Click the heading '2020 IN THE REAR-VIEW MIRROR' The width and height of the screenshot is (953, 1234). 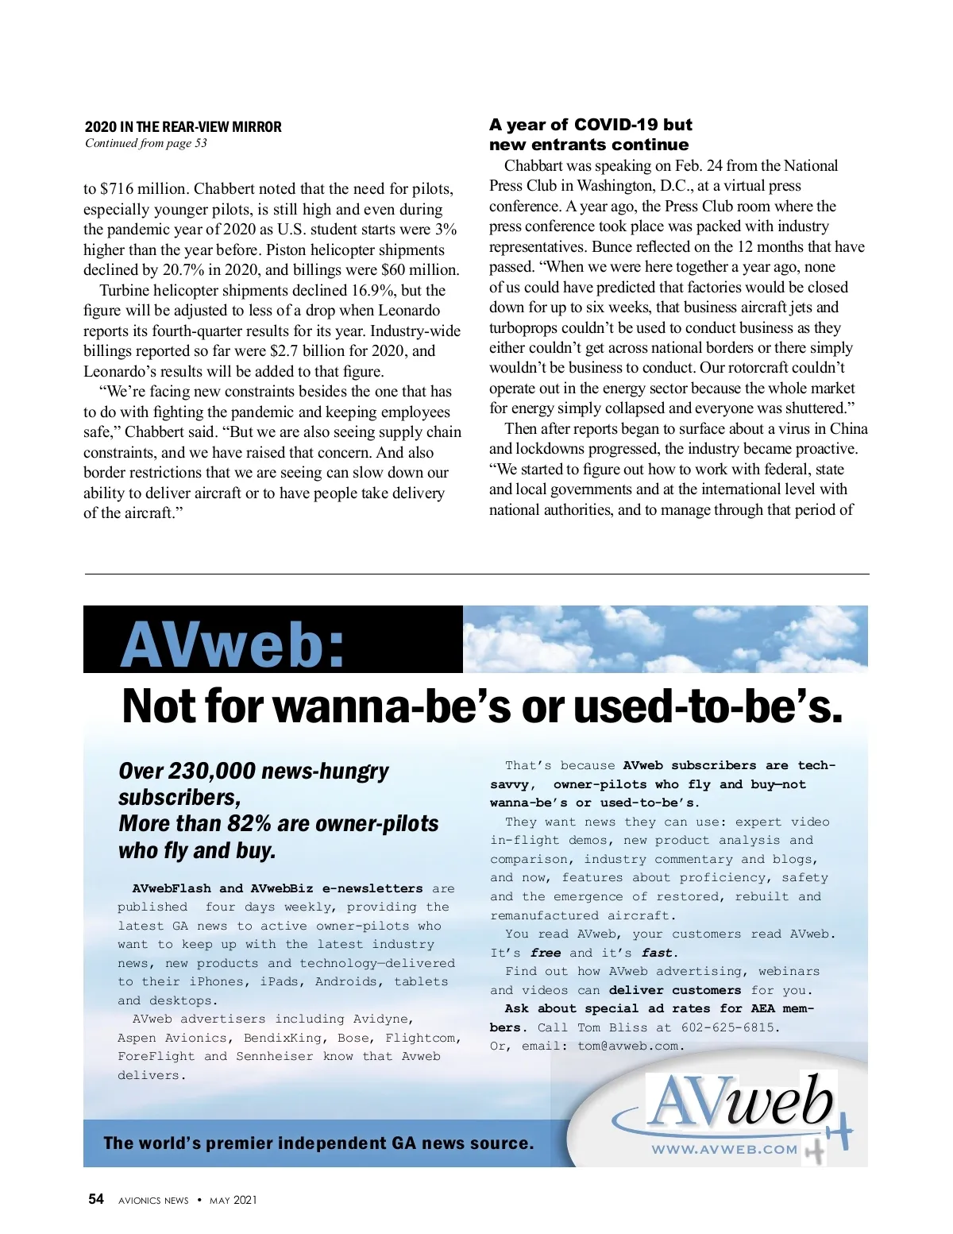point(183,127)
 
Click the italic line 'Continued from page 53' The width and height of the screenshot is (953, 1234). point(146,143)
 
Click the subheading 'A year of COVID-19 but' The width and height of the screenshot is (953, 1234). point(590,125)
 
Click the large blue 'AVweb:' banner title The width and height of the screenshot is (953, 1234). point(233,644)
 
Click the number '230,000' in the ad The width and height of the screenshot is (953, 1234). point(212,772)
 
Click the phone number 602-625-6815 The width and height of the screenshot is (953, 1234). point(727,1027)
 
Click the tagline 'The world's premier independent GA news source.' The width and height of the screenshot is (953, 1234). point(318,1143)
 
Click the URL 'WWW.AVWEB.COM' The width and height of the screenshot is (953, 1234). point(724,1149)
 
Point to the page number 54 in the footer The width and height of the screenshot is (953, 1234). point(96,1199)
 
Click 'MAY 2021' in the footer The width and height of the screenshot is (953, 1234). point(233,1201)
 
